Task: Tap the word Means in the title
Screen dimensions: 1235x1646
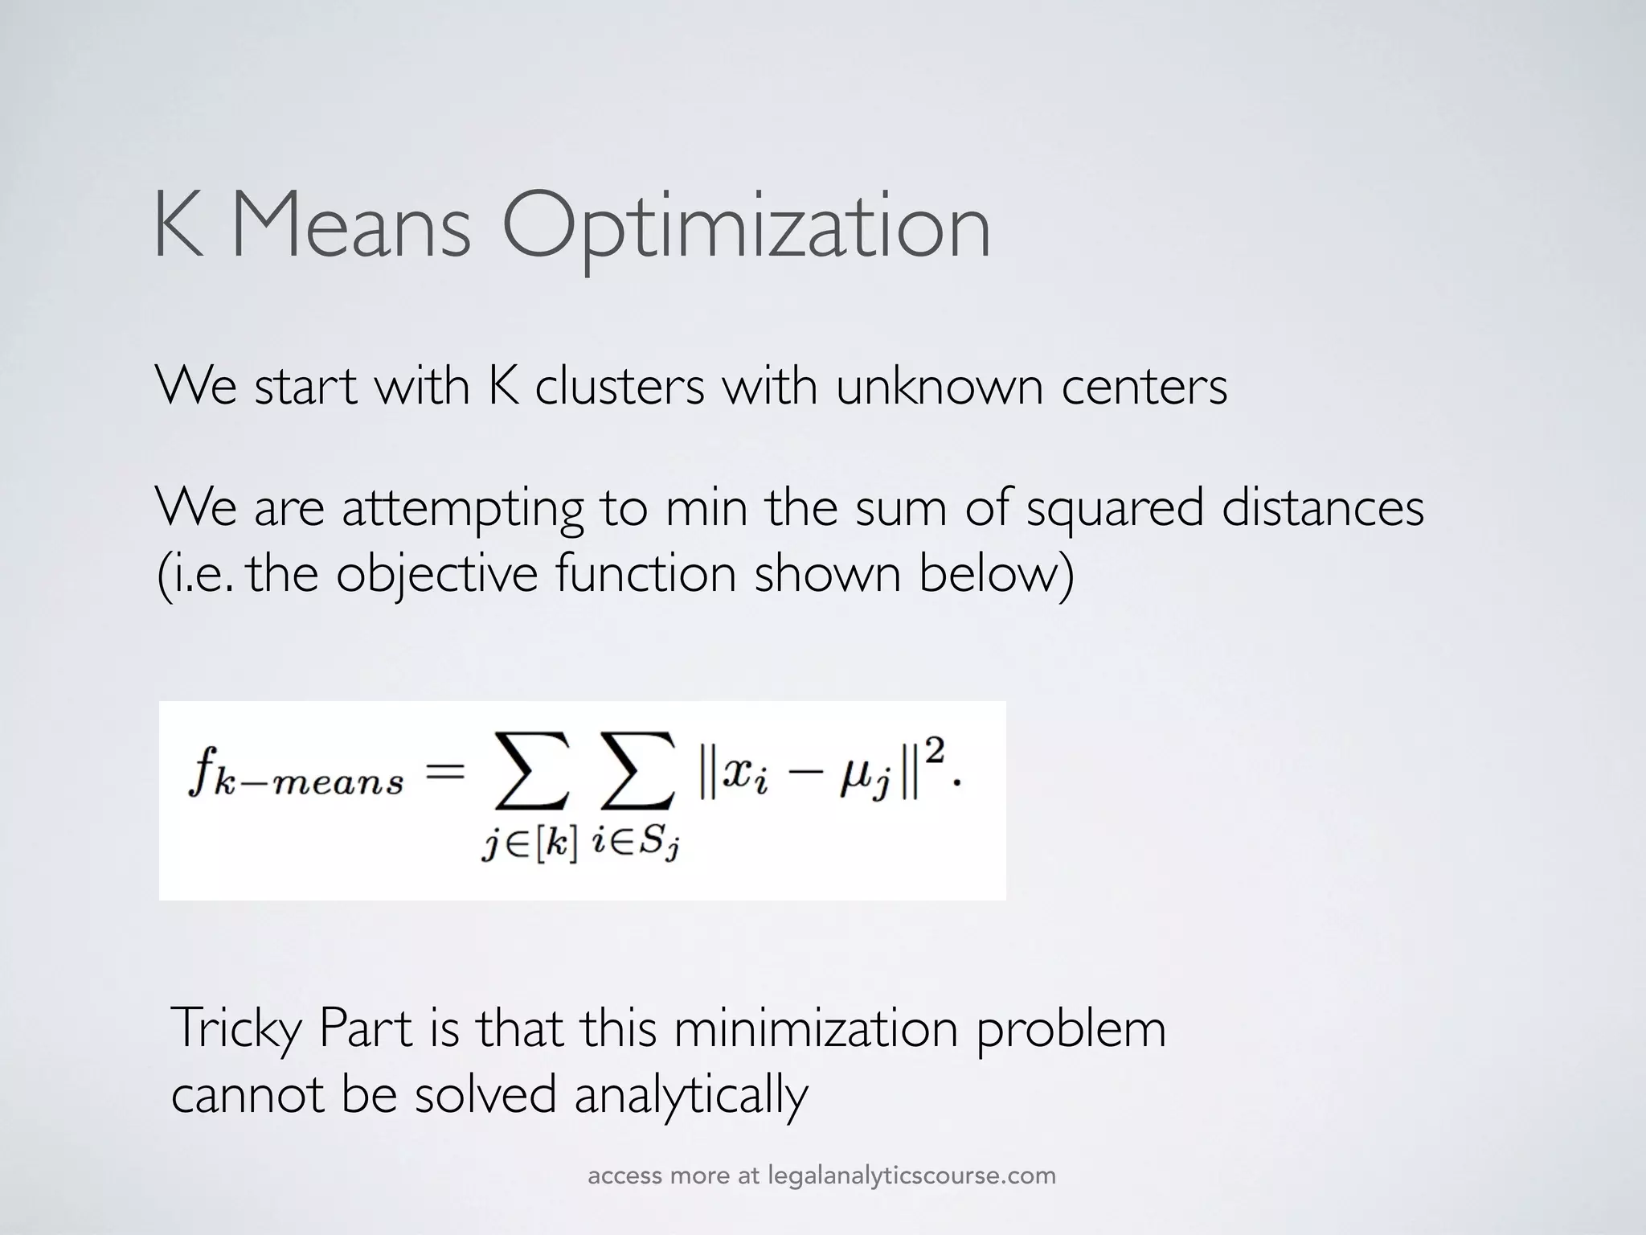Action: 351,228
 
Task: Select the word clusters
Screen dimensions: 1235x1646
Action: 619,386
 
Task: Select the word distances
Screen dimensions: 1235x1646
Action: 1323,508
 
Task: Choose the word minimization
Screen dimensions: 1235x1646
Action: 816,1028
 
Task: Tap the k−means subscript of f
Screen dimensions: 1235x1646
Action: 309,783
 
